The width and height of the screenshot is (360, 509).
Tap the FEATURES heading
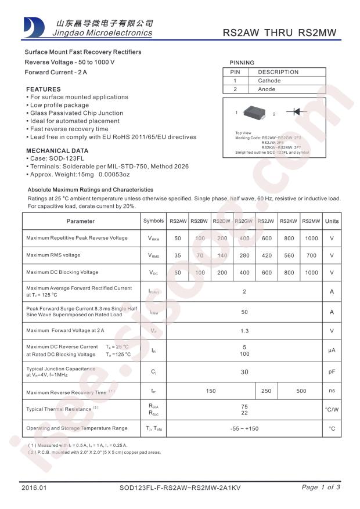pos(44,89)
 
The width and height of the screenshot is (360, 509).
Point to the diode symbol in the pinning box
pos(296,111)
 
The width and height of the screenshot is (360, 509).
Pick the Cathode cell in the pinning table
pos(269,81)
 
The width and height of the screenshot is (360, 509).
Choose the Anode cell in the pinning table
pos(267,89)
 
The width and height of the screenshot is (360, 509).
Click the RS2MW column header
pos(311,221)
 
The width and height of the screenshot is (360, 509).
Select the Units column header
pos(332,221)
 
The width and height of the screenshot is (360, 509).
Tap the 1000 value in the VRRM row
pos(311,239)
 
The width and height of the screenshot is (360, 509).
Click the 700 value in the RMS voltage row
pos(311,255)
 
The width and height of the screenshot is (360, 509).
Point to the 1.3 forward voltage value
pos(244,331)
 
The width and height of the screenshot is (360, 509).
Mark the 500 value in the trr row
pos(301,392)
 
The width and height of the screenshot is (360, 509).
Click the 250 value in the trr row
pos(266,392)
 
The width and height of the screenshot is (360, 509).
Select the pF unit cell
pos(332,371)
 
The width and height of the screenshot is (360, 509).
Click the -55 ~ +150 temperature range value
pos(244,429)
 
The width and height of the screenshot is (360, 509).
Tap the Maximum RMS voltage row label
pos(53,255)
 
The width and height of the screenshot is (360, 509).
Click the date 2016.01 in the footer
pos(33,488)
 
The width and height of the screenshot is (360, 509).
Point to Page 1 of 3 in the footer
pos(321,488)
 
